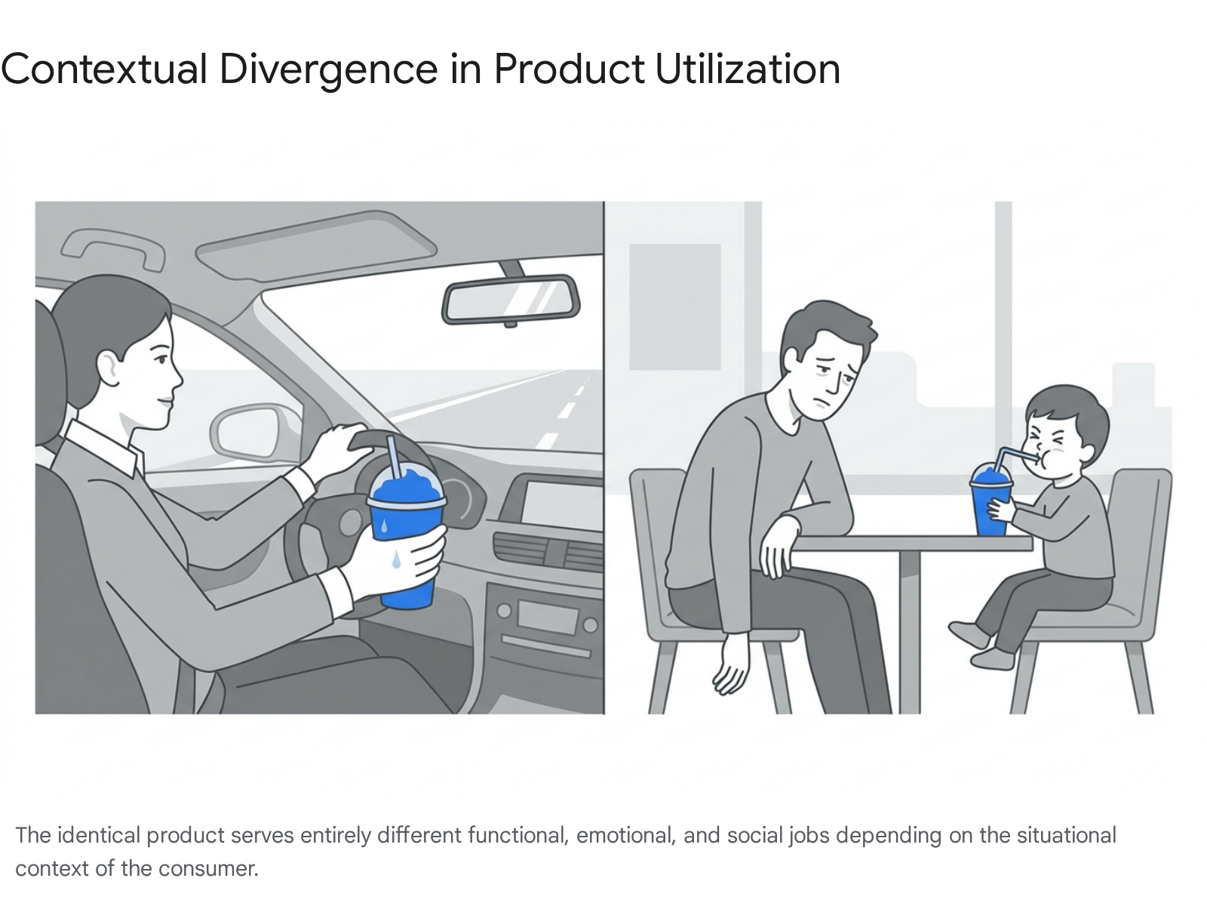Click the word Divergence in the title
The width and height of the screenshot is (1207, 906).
(328, 70)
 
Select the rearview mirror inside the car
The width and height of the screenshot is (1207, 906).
(510, 300)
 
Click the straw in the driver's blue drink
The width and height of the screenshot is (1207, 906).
(394, 458)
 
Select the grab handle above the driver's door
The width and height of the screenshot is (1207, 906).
(112, 248)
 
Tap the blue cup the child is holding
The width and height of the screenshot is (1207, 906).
(990, 500)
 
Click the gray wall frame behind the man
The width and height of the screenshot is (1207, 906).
(674, 307)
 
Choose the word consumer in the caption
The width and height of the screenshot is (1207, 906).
(208, 869)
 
